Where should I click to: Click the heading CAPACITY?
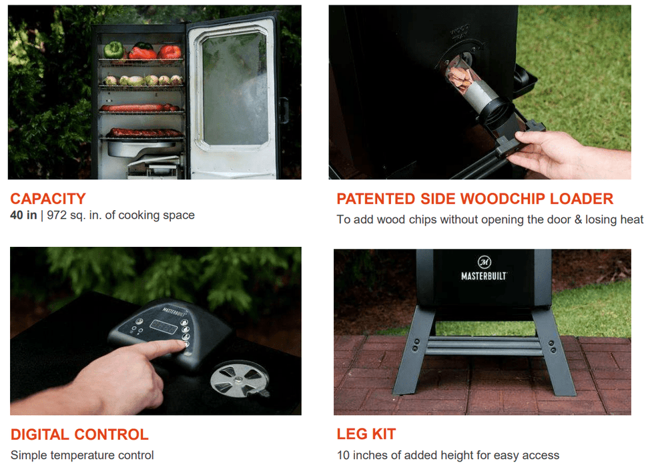(x=48, y=199)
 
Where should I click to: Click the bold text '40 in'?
(x=23, y=215)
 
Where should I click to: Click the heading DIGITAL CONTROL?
(x=79, y=434)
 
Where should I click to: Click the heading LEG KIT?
(x=366, y=434)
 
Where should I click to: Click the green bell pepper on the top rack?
(x=113, y=50)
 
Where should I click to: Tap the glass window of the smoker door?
(x=234, y=88)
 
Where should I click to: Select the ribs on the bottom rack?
(x=145, y=133)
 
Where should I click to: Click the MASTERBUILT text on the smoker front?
(x=484, y=276)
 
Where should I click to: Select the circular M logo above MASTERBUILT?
(x=484, y=262)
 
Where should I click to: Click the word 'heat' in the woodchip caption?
(x=631, y=219)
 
